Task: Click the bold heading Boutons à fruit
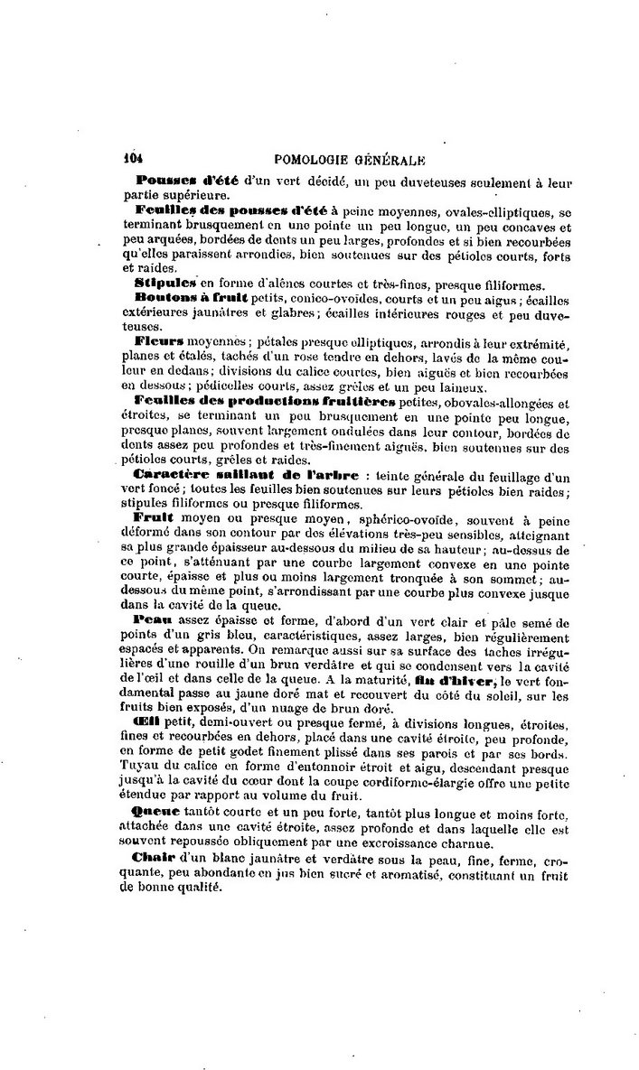pyautogui.click(x=183, y=295)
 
